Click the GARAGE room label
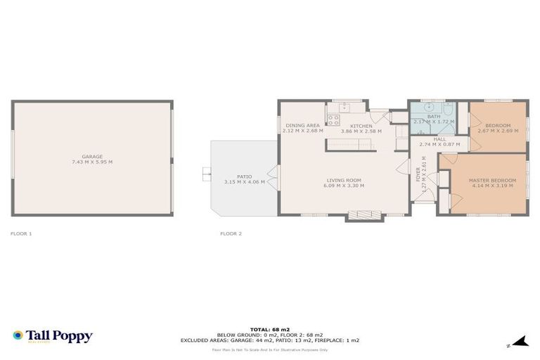pyautogui.click(x=92, y=156)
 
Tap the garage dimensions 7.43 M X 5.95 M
pyautogui.click(x=92, y=162)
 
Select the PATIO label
pyautogui.click(x=244, y=176)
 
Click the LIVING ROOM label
pyautogui.click(x=342, y=180)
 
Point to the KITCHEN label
pyautogui.click(x=361, y=125)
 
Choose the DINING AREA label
pyautogui.click(x=302, y=125)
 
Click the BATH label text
pyautogui.click(x=433, y=116)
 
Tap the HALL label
pyautogui.click(x=439, y=139)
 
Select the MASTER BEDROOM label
pyautogui.click(x=492, y=180)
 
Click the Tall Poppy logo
pyautogui.click(x=53, y=336)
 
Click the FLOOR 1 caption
pyautogui.click(x=21, y=233)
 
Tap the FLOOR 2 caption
pyautogui.click(x=231, y=233)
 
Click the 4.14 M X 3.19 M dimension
pyautogui.click(x=492, y=186)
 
